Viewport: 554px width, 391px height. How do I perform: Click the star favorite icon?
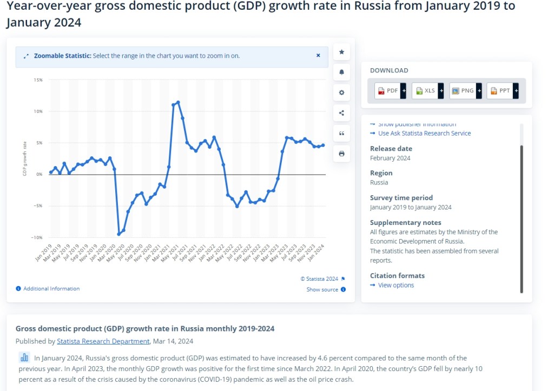(341, 52)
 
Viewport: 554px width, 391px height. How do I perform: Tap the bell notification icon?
(341, 72)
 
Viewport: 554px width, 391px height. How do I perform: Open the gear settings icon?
(341, 92)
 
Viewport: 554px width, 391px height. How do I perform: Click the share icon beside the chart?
(341, 113)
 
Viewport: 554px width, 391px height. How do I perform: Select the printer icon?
(341, 154)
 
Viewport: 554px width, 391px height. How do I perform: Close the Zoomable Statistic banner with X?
(318, 55)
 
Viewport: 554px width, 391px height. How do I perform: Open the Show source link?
(322, 290)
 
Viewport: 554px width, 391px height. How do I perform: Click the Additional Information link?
(51, 289)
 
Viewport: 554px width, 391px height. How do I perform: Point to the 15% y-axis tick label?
(38, 80)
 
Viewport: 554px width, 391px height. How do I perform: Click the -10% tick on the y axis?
(37, 237)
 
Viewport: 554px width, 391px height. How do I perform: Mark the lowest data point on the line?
(118, 234)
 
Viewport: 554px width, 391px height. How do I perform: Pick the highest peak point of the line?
(178, 102)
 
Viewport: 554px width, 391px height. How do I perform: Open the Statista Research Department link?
(103, 341)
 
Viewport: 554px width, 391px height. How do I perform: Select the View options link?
(395, 285)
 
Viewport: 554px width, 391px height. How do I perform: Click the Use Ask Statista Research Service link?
(424, 133)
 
